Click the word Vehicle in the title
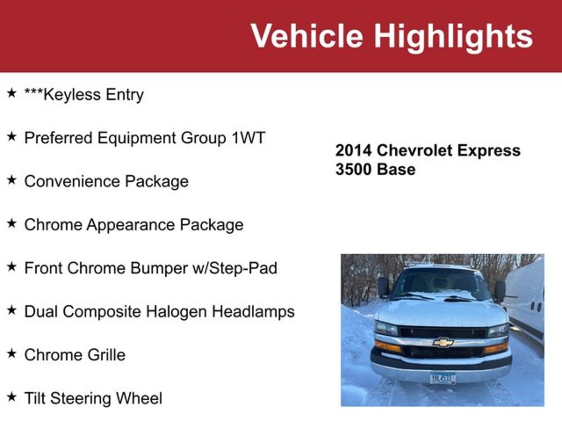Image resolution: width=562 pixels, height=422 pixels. tap(307, 35)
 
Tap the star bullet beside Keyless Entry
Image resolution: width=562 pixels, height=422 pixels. tap(12, 93)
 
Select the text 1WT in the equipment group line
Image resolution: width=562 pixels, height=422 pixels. tap(248, 138)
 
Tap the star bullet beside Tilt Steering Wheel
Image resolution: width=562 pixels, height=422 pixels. tap(12, 397)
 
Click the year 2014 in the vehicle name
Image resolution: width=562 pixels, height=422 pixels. tap(353, 151)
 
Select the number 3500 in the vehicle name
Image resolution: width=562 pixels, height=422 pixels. tap(353, 169)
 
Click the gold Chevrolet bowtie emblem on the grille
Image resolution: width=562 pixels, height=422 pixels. tap(443, 342)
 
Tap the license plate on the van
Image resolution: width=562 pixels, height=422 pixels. tap(443, 378)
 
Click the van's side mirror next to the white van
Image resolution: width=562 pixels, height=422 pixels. tap(499, 291)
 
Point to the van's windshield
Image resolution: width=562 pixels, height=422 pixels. tap(440, 284)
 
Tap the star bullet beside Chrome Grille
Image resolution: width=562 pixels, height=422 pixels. tap(12, 353)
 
